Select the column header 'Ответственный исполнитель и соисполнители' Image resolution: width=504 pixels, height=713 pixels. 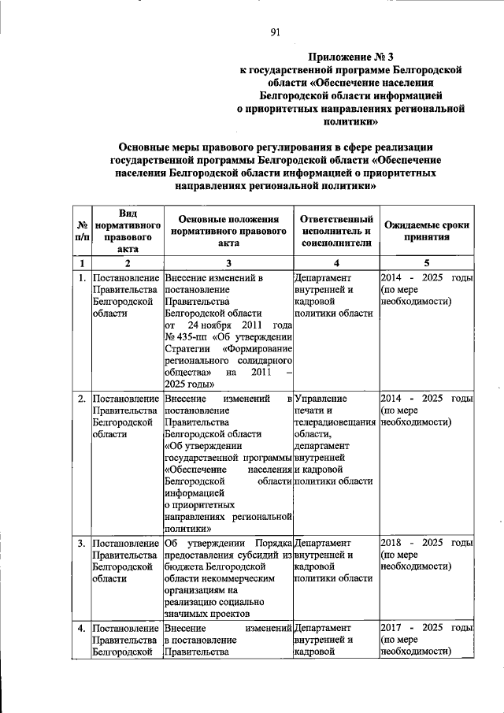(x=335, y=232)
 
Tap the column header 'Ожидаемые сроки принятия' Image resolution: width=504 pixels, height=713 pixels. (x=426, y=231)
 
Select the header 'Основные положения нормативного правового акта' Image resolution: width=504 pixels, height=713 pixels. (x=228, y=232)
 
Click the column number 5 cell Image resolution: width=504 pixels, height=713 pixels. (x=426, y=262)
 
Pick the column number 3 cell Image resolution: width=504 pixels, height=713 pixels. (x=228, y=262)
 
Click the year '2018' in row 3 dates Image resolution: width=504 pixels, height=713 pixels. (x=393, y=544)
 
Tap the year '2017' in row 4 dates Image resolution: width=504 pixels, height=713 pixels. (x=393, y=628)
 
